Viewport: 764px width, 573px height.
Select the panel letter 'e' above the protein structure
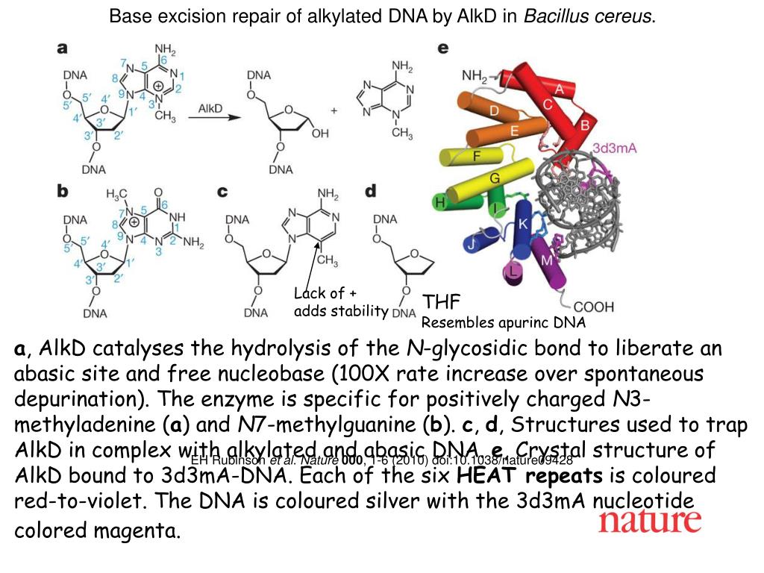click(x=443, y=48)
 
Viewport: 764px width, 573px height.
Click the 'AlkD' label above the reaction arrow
click(x=210, y=109)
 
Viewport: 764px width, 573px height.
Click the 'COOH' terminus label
click(x=595, y=307)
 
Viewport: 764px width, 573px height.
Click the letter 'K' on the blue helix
click(x=523, y=224)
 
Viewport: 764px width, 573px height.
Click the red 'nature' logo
click(x=649, y=522)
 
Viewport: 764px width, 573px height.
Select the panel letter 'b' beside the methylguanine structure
click(x=63, y=191)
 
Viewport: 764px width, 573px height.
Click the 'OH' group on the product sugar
click(x=320, y=135)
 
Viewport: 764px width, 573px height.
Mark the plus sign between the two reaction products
click(x=334, y=110)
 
